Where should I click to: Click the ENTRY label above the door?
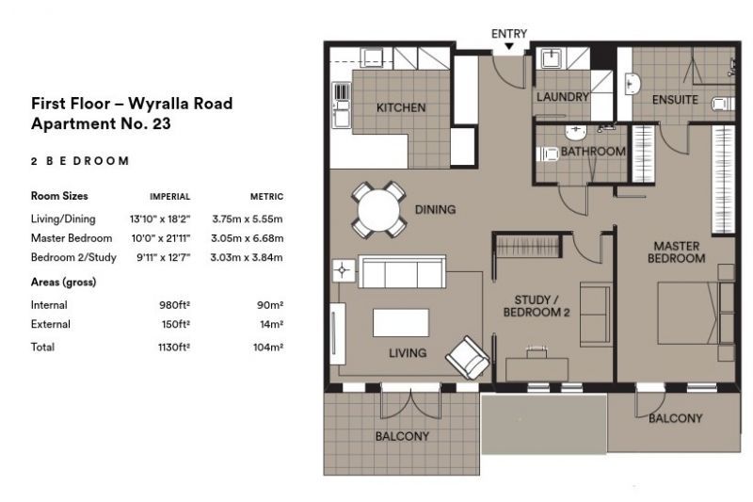509,34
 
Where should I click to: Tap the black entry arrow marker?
509,46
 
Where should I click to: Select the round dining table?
379,210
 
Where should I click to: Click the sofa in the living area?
403,272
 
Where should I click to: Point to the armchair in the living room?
467,358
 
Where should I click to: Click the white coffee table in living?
401,322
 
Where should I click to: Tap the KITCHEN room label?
401,107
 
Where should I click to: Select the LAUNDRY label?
562,97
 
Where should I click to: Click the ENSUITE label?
675,100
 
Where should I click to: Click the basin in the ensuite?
633,85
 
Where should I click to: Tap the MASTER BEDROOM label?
676,252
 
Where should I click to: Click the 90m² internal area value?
270,305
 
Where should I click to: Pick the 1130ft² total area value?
174,347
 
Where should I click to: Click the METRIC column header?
266,197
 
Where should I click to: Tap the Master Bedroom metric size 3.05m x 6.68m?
247,238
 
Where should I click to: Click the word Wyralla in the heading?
154,104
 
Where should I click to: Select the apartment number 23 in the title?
161,124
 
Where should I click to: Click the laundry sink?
552,58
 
